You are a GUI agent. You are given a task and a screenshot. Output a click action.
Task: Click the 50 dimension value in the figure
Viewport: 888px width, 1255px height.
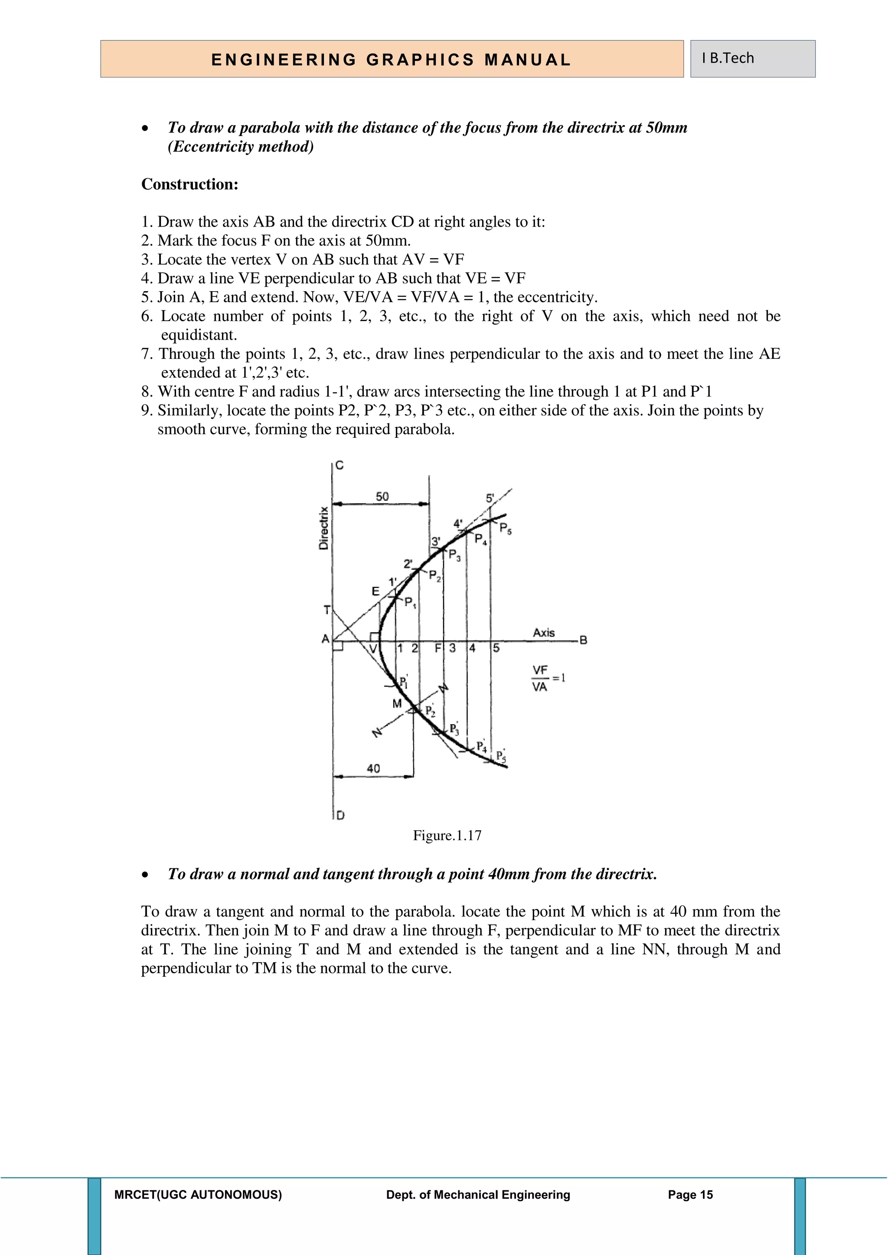click(382, 496)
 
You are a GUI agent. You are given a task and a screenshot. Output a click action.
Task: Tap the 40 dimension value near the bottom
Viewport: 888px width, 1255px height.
click(373, 768)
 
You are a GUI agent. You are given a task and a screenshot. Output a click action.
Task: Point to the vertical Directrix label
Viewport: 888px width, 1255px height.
click(324, 528)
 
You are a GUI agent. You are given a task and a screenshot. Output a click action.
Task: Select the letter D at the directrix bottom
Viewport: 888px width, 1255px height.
click(340, 816)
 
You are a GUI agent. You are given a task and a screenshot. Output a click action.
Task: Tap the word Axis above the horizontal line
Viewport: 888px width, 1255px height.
click(544, 632)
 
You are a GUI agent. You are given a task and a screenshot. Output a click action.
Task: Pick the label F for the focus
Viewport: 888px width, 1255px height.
click(437, 649)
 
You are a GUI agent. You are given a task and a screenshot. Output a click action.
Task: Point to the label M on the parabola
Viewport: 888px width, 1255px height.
click(397, 703)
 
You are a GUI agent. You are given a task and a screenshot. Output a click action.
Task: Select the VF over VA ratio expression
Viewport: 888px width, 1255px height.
click(547, 678)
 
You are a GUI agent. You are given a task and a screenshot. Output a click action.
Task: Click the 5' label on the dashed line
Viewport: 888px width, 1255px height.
click(490, 498)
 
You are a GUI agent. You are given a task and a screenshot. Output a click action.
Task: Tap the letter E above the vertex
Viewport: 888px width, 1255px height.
click(375, 591)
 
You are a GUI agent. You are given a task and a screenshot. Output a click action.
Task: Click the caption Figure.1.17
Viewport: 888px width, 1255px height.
click(447, 836)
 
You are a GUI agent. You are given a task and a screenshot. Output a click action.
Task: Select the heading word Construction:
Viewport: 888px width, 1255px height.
click(190, 184)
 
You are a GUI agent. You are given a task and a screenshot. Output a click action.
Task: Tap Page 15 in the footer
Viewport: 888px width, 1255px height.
click(690, 1195)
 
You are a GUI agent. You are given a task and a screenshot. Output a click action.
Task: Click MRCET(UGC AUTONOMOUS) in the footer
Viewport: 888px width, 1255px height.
click(198, 1195)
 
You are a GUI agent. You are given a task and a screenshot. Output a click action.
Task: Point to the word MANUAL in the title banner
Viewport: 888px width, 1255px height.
click(527, 59)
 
